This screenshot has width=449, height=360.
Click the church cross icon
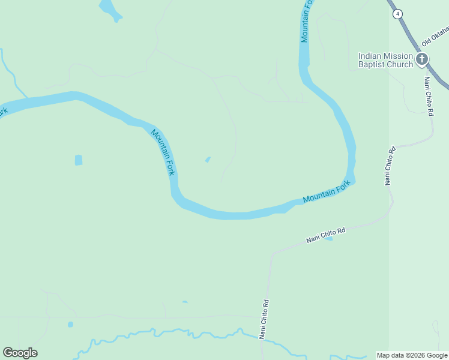(x=422, y=59)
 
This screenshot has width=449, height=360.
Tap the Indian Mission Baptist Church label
(x=385, y=60)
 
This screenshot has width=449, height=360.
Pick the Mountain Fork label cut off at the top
(x=306, y=21)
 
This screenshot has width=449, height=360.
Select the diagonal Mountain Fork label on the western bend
(x=163, y=152)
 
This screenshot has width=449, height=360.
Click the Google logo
(x=20, y=353)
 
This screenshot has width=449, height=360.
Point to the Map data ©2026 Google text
(x=412, y=355)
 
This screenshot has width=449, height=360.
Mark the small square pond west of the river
(x=79, y=160)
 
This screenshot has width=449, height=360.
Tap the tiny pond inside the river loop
(x=208, y=160)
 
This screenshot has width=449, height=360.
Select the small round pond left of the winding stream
(x=70, y=325)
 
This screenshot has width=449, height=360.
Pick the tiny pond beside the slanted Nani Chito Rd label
(x=329, y=239)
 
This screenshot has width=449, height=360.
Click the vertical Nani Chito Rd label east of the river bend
(x=390, y=166)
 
